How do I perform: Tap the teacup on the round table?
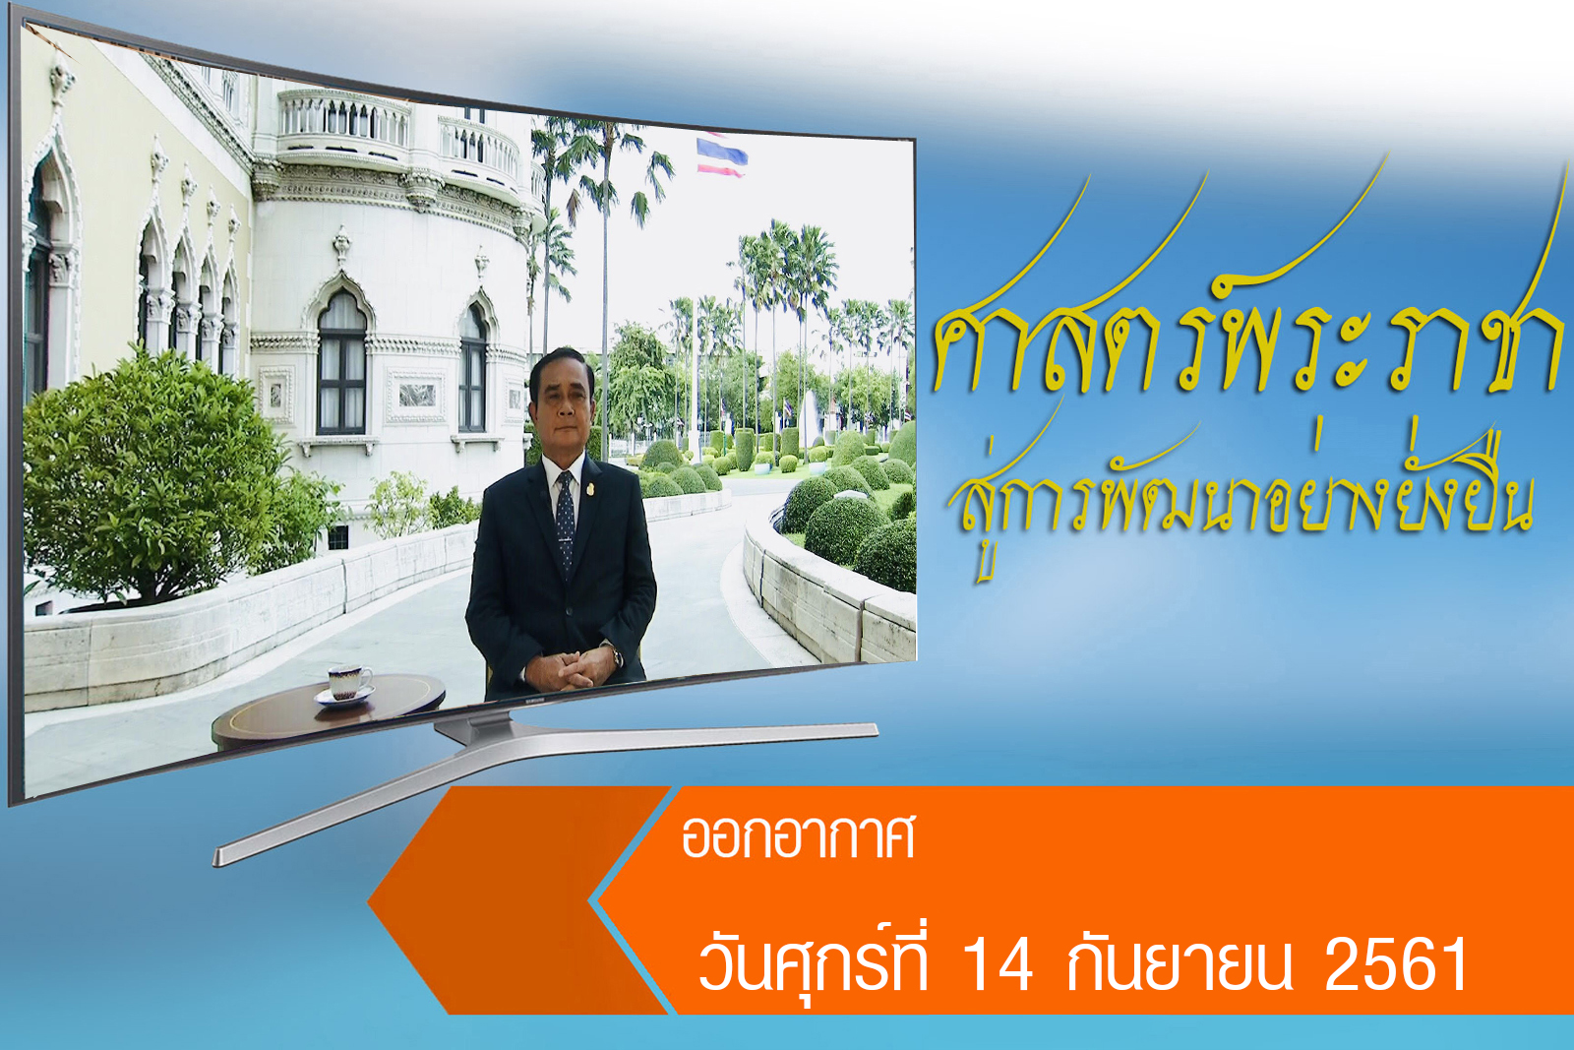(x=349, y=682)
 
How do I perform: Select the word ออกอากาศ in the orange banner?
(x=798, y=838)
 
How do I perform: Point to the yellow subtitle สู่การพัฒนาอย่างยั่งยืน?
(x=1241, y=492)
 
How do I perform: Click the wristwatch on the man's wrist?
(x=617, y=657)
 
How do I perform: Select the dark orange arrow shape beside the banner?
(x=516, y=899)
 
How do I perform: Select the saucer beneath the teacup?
(x=343, y=696)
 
